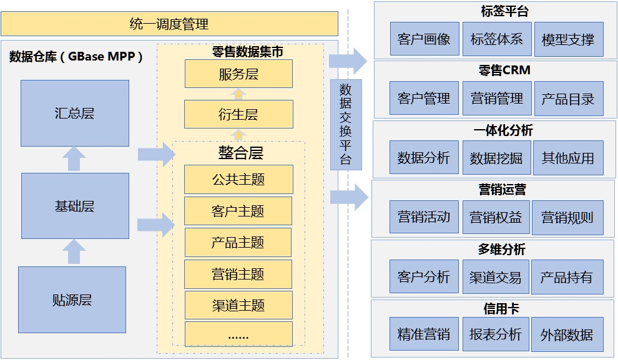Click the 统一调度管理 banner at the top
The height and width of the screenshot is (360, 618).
(169, 24)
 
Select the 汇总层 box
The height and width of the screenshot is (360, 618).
(74, 114)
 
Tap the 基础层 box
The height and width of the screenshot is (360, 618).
(74, 207)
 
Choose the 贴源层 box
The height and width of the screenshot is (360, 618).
(72, 299)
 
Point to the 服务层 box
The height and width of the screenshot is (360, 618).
(238, 75)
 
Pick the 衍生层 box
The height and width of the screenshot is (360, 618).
(238, 114)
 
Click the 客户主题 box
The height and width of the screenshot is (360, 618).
(238, 211)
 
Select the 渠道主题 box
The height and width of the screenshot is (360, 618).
(238, 305)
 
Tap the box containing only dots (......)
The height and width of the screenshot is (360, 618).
(238, 334)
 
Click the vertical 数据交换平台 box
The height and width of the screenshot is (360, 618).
(345, 125)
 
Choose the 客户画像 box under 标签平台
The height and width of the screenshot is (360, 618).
(424, 39)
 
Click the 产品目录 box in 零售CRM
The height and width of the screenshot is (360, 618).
(568, 99)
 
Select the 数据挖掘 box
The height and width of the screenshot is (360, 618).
(496, 158)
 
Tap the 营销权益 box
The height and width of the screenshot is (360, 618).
(496, 217)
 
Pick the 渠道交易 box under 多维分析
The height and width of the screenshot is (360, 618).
(496, 277)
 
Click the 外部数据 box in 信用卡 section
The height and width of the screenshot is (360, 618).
(567, 334)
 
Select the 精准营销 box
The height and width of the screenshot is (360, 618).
(424, 334)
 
